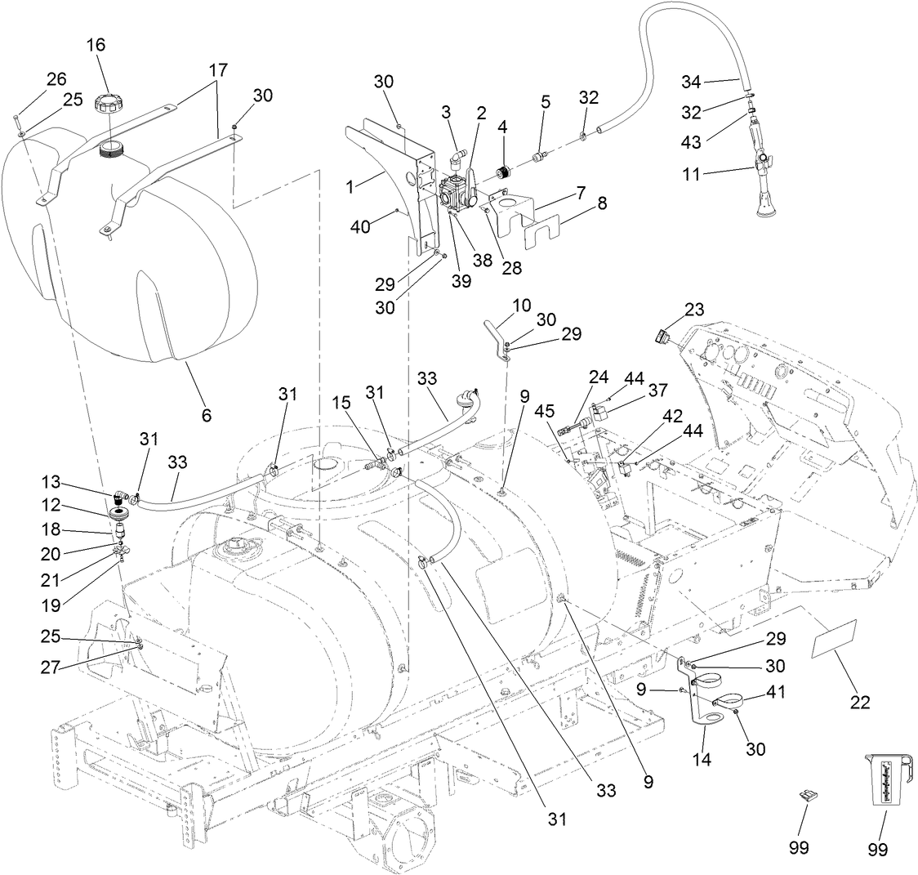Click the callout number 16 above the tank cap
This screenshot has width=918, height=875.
click(96, 45)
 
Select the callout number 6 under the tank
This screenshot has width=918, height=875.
click(206, 415)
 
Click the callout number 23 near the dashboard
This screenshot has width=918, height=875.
click(694, 310)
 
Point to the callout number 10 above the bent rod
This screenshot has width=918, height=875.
click(522, 306)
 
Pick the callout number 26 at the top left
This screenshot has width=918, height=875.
click(56, 79)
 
